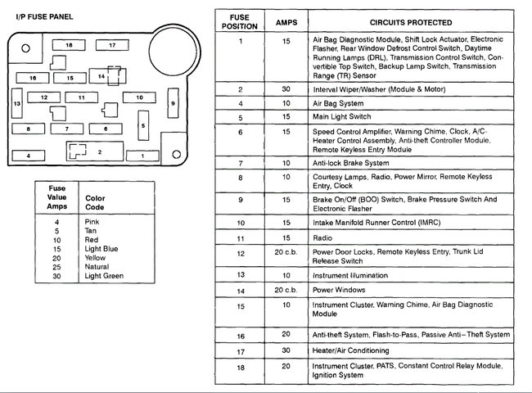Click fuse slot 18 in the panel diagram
[69, 45]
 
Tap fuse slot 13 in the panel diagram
[16, 104]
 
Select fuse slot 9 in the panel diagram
[173, 104]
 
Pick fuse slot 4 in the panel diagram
[29, 155]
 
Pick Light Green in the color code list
[104, 276]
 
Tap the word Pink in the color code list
[92, 222]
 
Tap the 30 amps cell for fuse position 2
[285, 88]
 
